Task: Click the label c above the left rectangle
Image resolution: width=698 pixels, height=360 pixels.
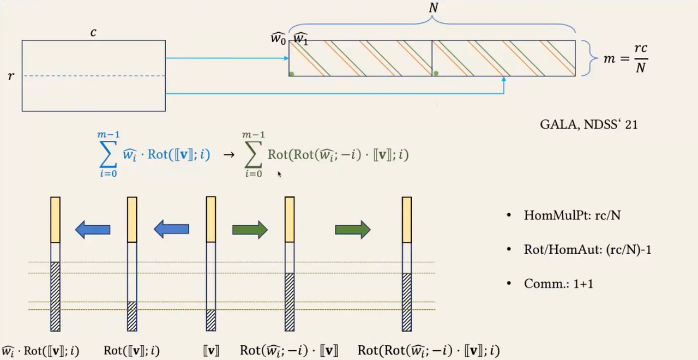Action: (93, 33)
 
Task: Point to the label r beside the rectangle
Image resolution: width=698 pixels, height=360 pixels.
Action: (11, 76)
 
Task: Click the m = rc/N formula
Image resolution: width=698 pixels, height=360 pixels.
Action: (625, 58)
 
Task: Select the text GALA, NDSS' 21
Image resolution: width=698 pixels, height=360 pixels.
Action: (588, 124)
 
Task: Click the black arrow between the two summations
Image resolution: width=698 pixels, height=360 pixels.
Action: (229, 155)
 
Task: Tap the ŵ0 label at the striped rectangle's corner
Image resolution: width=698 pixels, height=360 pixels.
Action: (278, 39)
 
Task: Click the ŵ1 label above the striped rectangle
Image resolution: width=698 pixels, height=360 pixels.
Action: (300, 39)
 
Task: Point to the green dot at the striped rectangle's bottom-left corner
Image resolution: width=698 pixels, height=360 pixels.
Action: (292, 74)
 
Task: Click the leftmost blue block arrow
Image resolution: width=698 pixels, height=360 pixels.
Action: (93, 230)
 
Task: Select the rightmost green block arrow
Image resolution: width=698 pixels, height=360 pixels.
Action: (353, 230)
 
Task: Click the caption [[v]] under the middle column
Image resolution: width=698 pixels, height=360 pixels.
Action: (210, 350)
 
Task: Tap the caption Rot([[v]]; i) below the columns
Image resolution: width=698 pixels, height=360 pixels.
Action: (131, 350)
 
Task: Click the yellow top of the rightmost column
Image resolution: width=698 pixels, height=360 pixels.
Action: (407, 219)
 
